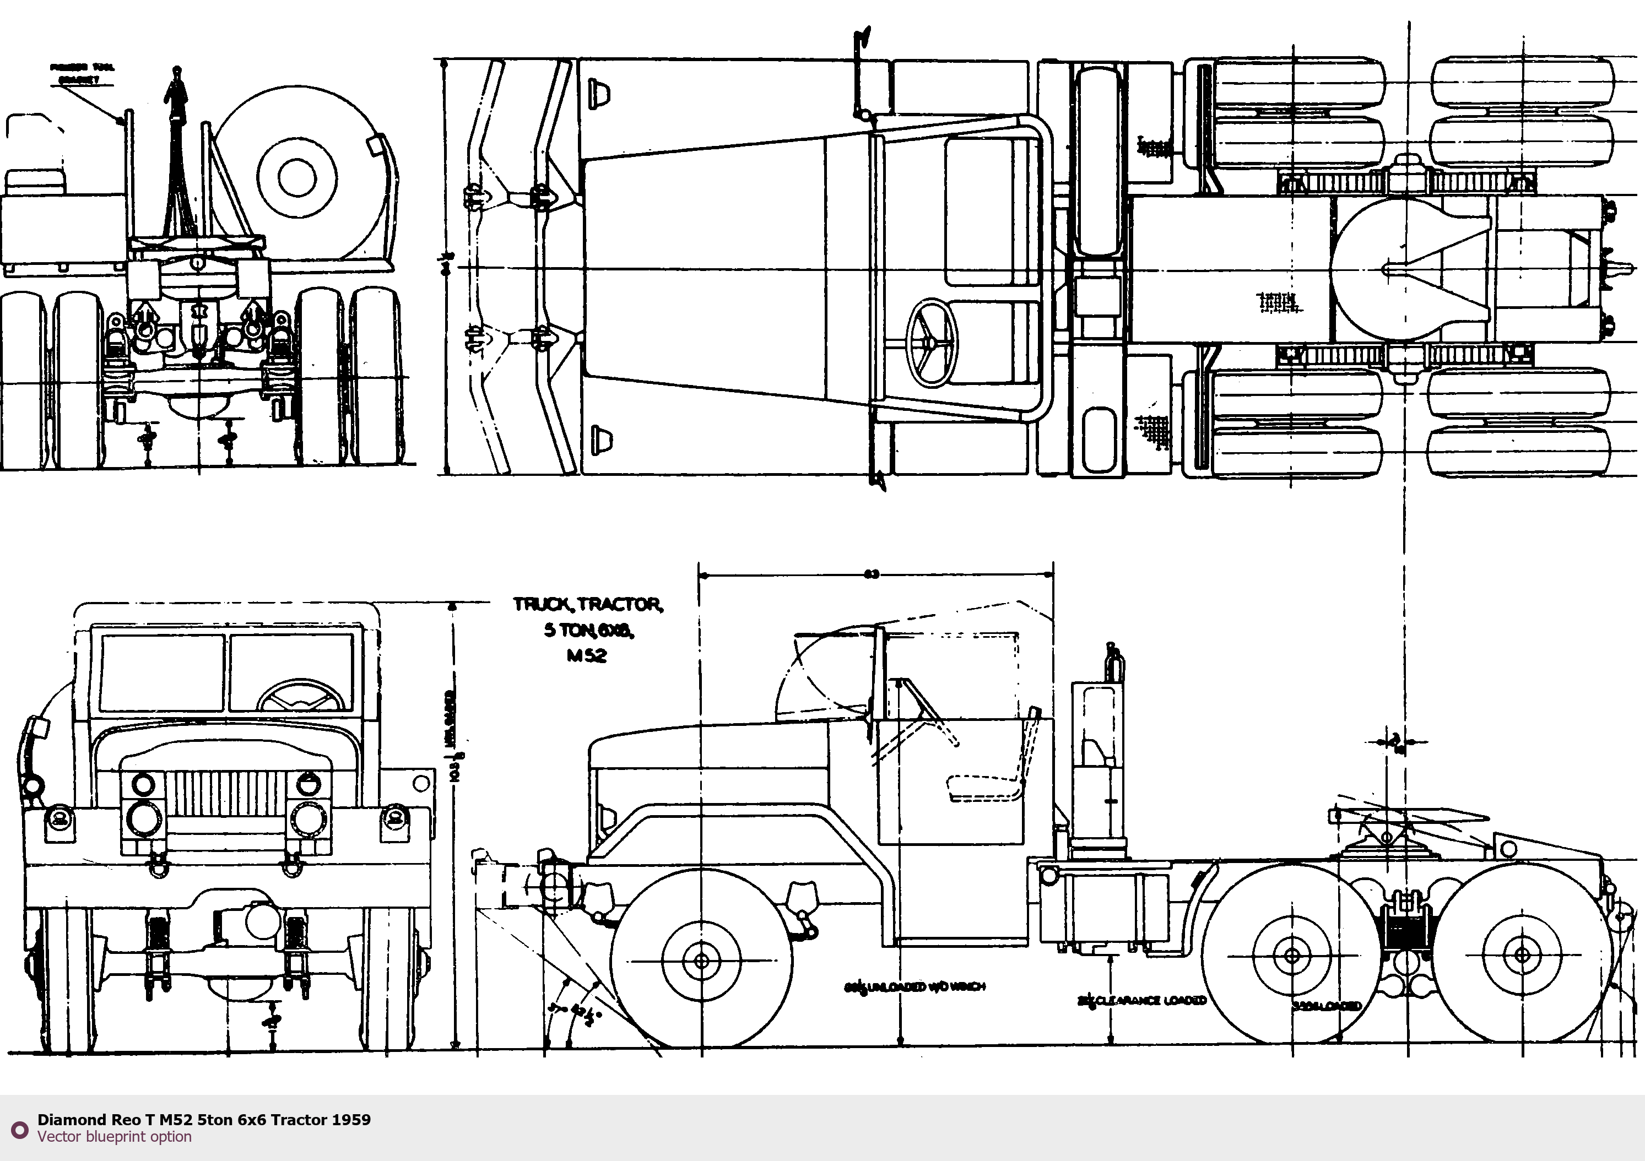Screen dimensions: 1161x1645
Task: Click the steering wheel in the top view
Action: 932,343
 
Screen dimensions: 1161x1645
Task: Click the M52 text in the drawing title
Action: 586,655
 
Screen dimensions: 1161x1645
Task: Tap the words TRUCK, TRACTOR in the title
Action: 587,605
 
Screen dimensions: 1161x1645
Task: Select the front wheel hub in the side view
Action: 701,961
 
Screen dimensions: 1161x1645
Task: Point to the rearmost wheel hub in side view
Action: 1521,956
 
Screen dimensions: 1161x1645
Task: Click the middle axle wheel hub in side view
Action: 1292,956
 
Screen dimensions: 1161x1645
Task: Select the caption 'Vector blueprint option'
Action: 115,1137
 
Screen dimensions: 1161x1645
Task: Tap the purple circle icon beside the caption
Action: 19,1128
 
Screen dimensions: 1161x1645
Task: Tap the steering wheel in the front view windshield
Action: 300,696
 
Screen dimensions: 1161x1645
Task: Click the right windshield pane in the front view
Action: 291,672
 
